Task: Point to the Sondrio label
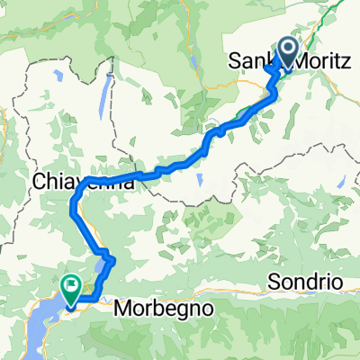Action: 305,282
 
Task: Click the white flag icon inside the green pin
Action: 70,285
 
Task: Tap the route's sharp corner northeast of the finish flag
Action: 114,262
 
